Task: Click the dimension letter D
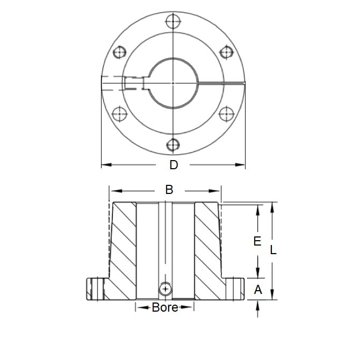click(174, 165)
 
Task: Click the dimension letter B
click(169, 190)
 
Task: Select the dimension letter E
click(257, 241)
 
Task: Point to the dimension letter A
click(257, 290)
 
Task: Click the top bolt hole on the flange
click(173, 22)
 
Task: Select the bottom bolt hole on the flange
click(173, 145)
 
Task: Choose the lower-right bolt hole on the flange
click(226, 114)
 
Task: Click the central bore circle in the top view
click(173, 83)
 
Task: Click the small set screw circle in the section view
click(166, 289)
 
